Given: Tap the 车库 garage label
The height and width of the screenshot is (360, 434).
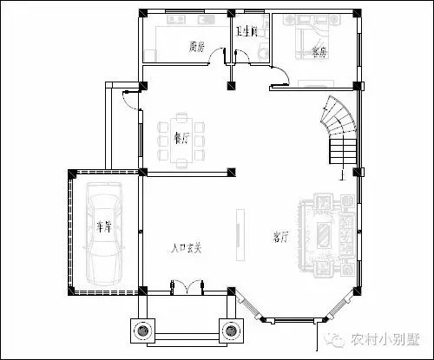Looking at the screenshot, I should pos(104,227).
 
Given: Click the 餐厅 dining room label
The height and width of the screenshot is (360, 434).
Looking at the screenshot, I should pos(181,137).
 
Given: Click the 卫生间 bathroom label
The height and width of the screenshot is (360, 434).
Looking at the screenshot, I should pos(248,32).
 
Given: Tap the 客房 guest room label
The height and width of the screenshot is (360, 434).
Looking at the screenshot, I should pos(319,52).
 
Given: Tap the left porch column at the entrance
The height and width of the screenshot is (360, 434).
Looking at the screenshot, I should pos(142,330).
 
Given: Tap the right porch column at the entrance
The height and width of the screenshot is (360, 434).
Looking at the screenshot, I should pos(230,330).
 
